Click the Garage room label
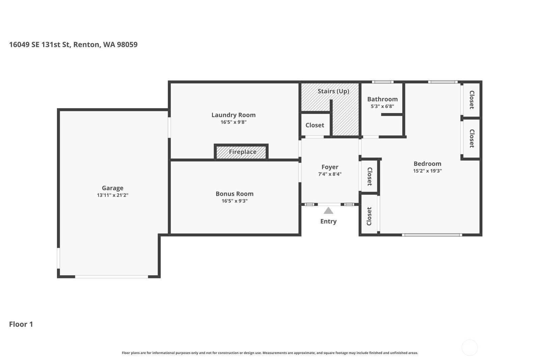coord(113,188)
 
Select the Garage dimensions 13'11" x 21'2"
coord(113,195)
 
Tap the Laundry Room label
coord(233,115)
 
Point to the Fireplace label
coord(243,152)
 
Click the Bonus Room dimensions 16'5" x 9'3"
coord(235,201)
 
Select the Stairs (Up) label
coord(333,91)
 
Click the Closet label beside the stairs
coord(315,125)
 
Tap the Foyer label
coord(330,167)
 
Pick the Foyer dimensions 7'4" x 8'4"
coord(330,174)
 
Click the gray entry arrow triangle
coord(328,211)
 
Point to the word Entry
coord(328,221)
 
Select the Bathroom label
coord(382,99)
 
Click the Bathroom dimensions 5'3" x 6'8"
coord(382,106)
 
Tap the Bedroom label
coord(427,164)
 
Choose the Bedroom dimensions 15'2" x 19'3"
coord(427,171)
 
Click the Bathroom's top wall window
coord(383,82)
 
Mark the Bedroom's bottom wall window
coord(432,235)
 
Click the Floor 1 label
coord(21,324)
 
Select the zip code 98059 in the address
coord(127,45)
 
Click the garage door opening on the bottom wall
coord(112,277)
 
